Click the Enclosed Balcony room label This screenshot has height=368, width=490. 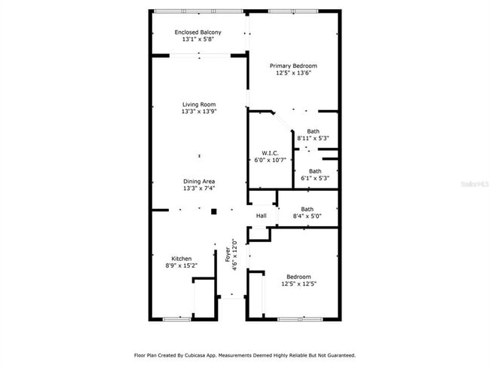coord(198,32)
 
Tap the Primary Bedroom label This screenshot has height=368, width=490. coord(293,66)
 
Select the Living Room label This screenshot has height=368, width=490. coord(199,104)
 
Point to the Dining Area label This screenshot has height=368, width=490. coord(199,181)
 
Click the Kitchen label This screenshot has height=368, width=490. coord(181,259)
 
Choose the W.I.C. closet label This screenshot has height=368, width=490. coord(269,153)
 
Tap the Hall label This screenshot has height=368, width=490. coord(261,216)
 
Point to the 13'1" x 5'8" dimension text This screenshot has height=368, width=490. coord(198,40)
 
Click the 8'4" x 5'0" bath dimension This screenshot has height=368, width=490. coord(308,216)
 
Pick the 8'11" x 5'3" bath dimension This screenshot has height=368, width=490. coord(313,138)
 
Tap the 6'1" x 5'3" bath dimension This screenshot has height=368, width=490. coord(315,179)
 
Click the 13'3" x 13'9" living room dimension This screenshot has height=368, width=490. coord(199,112)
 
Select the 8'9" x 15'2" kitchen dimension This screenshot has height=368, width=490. coord(181,265)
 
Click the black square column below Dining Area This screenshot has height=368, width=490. coord(213,211)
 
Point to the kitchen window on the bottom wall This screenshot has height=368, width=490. coord(176,319)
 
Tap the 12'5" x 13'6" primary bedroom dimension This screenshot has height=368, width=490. coord(293,73)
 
